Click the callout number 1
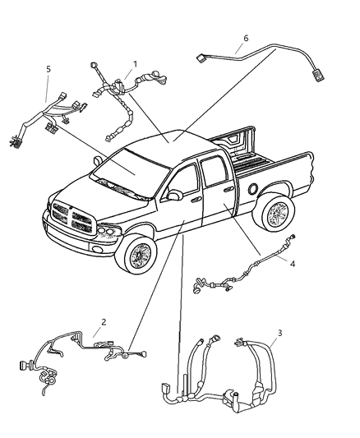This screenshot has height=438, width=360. coord(136,62)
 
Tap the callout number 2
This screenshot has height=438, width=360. coord(103,322)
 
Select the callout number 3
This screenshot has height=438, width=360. coord(279,333)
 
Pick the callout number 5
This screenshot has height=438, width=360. coord(48,70)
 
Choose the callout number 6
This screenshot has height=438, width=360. coord(246,38)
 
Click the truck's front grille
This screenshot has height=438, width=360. coord(72,219)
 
